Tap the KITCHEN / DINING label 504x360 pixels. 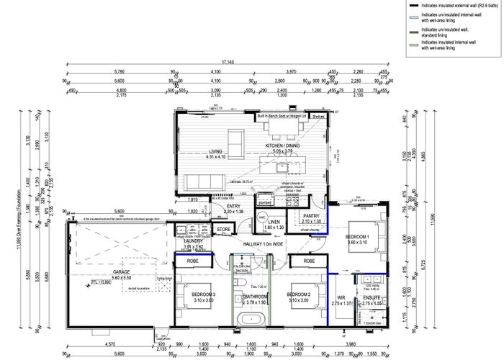pos(284,146)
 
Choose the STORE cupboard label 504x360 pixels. pos(224,230)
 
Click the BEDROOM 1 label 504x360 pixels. pos(358,237)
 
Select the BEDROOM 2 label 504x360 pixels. pos(298,294)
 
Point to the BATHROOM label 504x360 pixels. pos(256,296)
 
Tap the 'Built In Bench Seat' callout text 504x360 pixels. pos(282,114)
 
